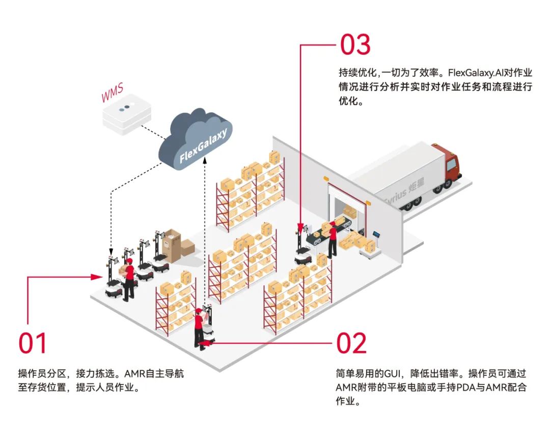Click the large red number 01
pos(33,343)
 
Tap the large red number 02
pos(351,343)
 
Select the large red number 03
pos(355,45)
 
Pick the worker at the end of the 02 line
pos(199,329)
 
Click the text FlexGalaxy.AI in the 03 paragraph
pos(477,73)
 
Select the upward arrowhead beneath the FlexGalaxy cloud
pos(205,160)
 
